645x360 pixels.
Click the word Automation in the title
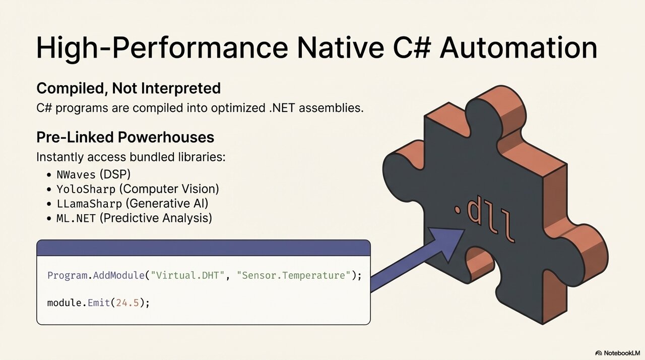pos(519,47)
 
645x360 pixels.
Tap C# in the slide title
pos(412,47)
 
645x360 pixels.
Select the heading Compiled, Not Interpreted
pos(128,88)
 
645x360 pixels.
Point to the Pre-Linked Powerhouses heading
pos(125,137)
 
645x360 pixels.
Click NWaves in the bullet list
pos(76,174)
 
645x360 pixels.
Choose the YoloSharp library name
pos(86,189)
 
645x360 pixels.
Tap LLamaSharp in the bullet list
pos(89,204)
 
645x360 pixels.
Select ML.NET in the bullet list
pos(76,218)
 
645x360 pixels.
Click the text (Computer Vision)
pos(169,189)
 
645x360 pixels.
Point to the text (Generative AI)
pos(167,204)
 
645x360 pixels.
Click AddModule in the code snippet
pos(118,275)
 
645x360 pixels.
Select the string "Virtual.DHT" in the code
pos(187,275)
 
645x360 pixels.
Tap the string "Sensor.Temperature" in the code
pos(294,275)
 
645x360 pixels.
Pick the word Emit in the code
pos(99,303)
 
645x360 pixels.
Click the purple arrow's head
pos(449,242)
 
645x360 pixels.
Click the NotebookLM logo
pos(616,353)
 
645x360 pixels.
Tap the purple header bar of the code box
pos(203,248)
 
